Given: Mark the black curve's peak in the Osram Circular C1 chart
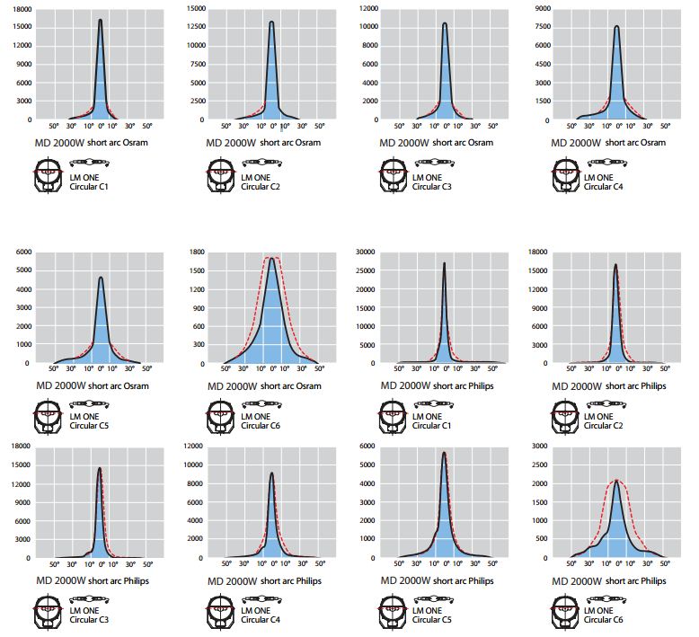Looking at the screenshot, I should click(x=100, y=20).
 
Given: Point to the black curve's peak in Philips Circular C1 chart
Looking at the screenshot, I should click(x=445, y=263).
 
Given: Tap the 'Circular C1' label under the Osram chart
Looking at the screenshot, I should click(x=89, y=186).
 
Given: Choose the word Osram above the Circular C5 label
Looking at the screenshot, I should click(x=134, y=386).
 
